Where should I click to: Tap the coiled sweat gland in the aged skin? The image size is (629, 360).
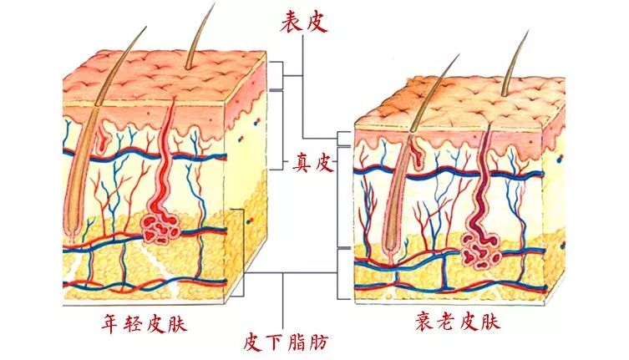point(479,249)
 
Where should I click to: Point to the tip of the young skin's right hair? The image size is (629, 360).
point(214,4)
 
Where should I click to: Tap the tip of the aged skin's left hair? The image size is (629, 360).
point(459,56)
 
